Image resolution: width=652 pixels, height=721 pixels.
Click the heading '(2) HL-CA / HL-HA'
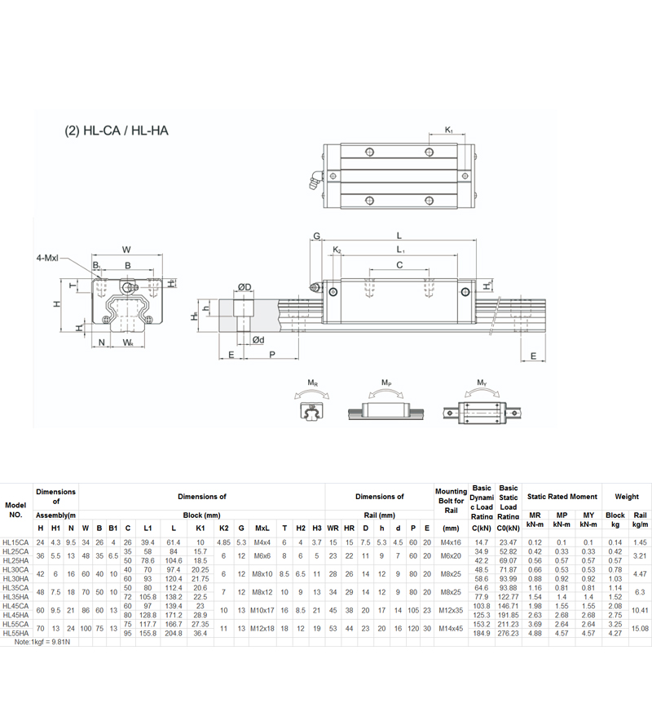115,130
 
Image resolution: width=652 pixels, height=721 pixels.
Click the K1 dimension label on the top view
450,130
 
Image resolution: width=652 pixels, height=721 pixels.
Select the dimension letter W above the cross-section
126,249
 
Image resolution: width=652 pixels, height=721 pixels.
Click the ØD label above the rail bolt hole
244,286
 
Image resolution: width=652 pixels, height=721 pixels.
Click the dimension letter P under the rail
271,356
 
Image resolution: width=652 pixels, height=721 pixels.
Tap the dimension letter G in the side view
315,237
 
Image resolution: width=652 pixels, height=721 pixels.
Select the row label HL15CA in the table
15,542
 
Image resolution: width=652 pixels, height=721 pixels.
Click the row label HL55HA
15,633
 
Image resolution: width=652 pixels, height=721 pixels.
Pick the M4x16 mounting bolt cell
451,542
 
